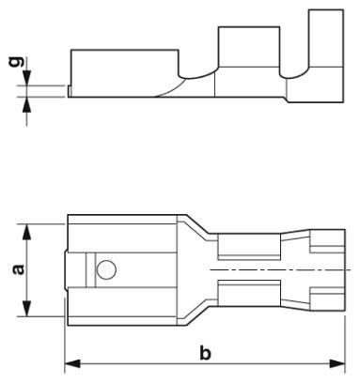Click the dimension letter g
point(16,62)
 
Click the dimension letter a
point(19,269)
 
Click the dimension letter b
point(205,352)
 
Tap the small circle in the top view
point(106,269)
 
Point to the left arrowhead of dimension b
point(72,363)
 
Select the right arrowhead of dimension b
point(337,363)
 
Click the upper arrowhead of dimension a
point(27,232)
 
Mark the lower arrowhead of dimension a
point(27,308)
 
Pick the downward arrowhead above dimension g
point(27,78)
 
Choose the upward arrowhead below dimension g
point(27,104)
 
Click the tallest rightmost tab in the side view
point(326,38)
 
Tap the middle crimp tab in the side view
point(249,47)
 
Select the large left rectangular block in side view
point(125,73)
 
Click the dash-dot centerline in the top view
point(281,269)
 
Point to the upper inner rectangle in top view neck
point(249,247)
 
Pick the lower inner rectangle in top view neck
point(249,293)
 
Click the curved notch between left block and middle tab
point(196,76)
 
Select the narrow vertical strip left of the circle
point(90,269)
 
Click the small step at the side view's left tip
point(70,91)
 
